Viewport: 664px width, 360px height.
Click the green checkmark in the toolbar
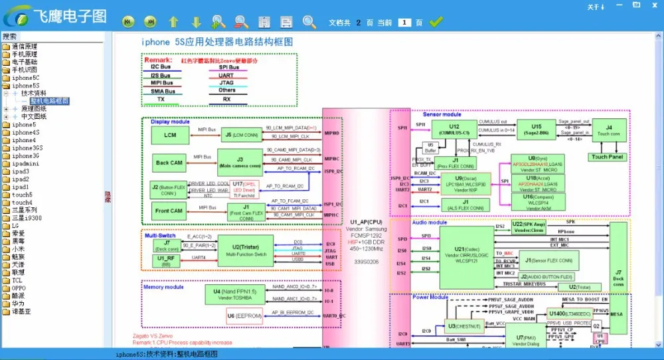coord(436,23)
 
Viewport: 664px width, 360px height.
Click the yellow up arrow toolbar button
coord(173,23)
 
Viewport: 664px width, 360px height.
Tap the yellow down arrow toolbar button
coord(196,23)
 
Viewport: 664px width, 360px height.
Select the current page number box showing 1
coord(405,23)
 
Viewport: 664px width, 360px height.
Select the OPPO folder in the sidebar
coord(21,288)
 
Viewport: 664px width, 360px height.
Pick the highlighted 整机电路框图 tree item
coord(48,101)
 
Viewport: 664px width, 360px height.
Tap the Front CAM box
coord(169,211)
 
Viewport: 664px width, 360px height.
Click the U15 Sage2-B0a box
coord(536,130)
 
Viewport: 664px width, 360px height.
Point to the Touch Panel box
coord(607,157)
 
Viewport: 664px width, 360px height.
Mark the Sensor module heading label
coord(442,115)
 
